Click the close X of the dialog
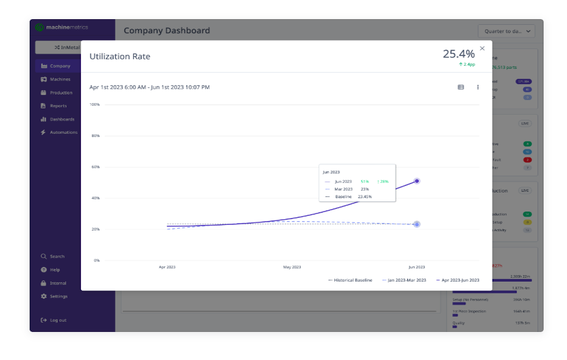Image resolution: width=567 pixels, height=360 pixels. tap(482, 48)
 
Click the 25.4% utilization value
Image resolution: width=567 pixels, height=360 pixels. tap(458, 54)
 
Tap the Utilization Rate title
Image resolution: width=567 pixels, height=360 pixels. tap(120, 57)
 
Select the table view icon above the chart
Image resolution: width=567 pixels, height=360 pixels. tap(461, 87)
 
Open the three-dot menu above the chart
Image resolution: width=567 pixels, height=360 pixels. tap(478, 87)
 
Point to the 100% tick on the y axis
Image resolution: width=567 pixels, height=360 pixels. tap(94, 104)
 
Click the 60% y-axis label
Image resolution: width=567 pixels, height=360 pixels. tap(96, 167)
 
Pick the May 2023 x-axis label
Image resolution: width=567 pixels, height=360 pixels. tap(292, 267)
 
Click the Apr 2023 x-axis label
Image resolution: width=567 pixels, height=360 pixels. tap(167, 267)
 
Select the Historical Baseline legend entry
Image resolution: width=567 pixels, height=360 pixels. tap(350, 280)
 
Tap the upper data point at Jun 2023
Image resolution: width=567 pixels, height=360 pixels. tap(417, 181)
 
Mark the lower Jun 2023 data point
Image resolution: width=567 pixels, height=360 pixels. tap(417, 224)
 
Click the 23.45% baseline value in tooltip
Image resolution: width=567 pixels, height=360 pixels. tap(365, 197)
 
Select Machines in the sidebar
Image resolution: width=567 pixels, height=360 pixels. tap(60, 79)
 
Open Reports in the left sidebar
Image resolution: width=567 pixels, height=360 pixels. tap(58, 106)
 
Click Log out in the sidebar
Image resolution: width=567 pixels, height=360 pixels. tap(58, 320)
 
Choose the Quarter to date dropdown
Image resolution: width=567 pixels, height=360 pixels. tap(506, 31)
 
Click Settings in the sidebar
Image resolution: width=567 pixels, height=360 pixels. tap(58, 296)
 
